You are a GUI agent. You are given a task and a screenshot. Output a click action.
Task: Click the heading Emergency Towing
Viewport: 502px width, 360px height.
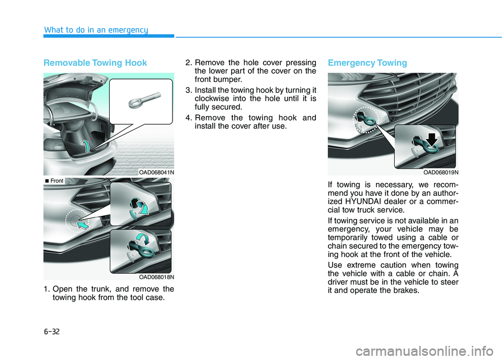367,63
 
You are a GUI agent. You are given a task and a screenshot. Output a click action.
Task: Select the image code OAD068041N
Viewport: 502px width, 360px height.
156,172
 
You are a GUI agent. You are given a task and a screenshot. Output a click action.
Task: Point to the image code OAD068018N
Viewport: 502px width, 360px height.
156,276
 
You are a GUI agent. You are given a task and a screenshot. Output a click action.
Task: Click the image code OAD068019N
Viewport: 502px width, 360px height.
441,172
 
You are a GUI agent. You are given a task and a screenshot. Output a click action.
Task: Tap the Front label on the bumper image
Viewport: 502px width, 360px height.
55,181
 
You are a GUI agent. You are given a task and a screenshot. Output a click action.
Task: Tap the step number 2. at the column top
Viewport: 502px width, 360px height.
190,62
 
